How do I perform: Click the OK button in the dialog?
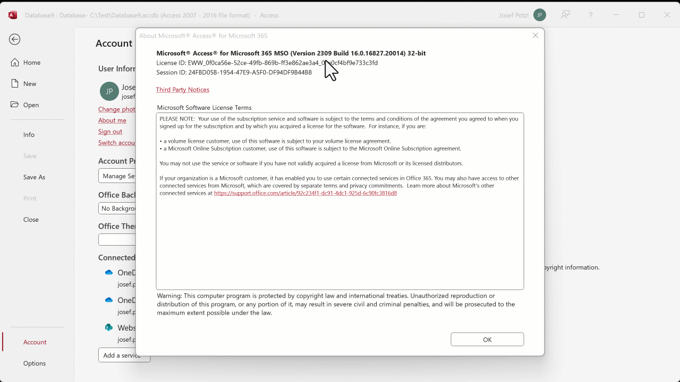(x=487, y=340)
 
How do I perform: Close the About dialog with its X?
(x=535, y=36)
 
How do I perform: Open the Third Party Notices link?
(x=183, y=90)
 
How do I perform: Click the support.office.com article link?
(x=305, y=193)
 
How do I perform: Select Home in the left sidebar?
(x=31, y=63)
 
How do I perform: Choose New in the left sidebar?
(x=30, y=84)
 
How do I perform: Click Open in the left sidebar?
(x=31, y=105)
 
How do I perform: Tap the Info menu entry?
(x=29, y=135)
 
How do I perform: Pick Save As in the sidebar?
(x=34, y=177)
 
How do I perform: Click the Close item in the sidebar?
(x=31, y=220)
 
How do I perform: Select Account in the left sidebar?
(x=35, y=342)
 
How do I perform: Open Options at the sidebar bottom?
(x=35, y=363)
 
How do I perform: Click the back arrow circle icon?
(x=15, y=39)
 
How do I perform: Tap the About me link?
(x=112, y=120)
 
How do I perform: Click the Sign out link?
(x=110, y=132)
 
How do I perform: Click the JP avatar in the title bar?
(x=540, y=15)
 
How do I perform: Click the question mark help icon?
(x=590, y=15)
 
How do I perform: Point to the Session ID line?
(x=234, y=73)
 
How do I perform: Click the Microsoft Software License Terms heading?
(x=204, y=108)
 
